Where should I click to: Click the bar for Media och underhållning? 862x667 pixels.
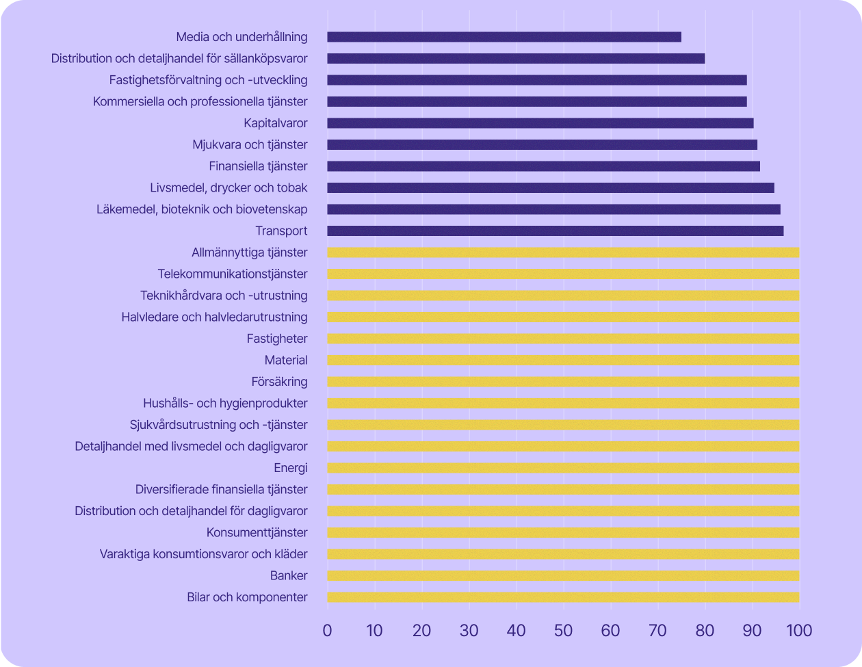point(504,37)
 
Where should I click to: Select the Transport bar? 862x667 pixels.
point(556,231)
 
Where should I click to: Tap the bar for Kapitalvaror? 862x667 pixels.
point(540,123)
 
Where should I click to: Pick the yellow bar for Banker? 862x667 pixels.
point(563,575)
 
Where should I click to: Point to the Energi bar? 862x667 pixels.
point(563,468)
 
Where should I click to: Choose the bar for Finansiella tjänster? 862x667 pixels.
point(544,166)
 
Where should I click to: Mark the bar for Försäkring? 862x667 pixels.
point(563,382)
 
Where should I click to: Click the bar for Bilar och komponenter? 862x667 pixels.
point(563,597)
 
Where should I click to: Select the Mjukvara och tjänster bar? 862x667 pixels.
point(543,144)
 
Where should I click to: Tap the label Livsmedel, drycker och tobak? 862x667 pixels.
point(228,187)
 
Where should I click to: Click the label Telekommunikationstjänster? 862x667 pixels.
point(233,274)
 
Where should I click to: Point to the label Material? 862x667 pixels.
point(286,360)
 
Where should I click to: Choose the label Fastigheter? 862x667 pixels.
point(277,339)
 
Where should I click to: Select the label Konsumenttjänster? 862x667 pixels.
point(257,532)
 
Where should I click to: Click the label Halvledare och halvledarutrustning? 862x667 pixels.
point(214,317)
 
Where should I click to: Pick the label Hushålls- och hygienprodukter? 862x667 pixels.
point(225,403)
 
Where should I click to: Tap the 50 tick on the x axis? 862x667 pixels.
point(563,629)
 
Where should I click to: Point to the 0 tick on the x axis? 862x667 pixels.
point(328,629)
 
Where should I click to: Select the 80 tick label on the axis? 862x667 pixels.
point(705,629)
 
